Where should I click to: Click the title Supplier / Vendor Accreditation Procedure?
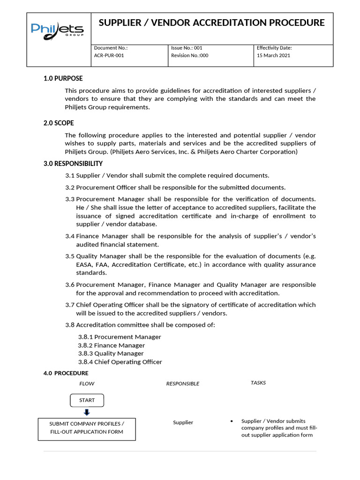tap(211, 23)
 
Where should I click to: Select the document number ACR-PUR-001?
tap(109, 55)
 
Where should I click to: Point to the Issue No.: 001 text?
tap(187, 48)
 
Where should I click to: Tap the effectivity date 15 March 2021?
tap(273, 55)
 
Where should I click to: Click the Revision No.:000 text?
tap(190, 55)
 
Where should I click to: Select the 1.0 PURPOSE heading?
tap(63, 79)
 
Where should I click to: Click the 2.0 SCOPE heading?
tap(59, 123)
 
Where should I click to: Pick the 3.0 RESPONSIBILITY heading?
tap(73, 164)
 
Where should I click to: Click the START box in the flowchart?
tap(87, 400)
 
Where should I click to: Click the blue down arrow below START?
tap(87, 412)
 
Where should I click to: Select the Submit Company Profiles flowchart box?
tap(87, 427)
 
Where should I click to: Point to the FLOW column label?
tap(87, 383)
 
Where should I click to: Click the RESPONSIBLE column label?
tap(182, 383)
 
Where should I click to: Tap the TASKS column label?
tap(258, 383)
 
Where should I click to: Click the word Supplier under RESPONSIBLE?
tap(183, 422)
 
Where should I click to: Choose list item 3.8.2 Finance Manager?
tap(111, 345)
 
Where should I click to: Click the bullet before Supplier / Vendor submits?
tap(232, 421)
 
